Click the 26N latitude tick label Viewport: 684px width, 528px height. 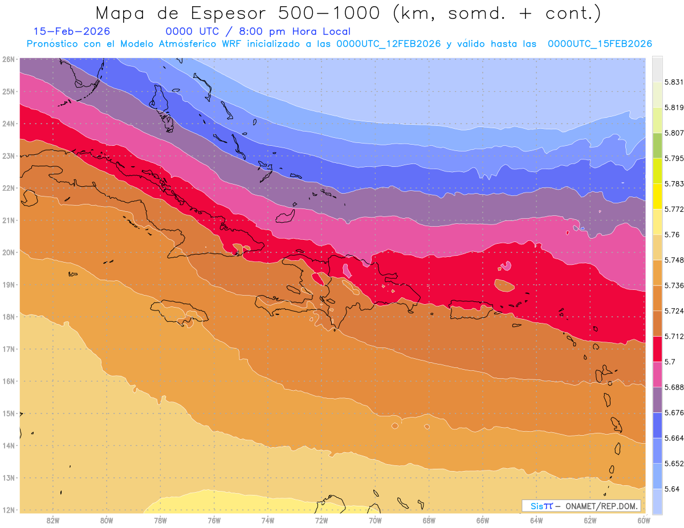pyautogui.click(x=9, y=59)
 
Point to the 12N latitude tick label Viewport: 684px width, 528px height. pyautogui.click(x=9, y=510)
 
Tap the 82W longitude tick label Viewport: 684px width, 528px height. pyautogui.click(x=53, y=520)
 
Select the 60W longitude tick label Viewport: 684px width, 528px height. pyautogui.click(x=644, y=520)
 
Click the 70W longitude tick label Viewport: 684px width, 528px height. pyautogui.click(x=375, y=520)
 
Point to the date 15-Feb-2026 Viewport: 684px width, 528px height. pyautogui.click(x=72, y=31)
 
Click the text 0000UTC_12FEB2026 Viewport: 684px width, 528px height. pyautogui.click(x=388, y=44)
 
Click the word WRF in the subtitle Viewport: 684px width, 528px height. pyautogui.click(x=229, y=44)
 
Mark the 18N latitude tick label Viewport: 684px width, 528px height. pyautogui.click(x=9, y=317)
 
